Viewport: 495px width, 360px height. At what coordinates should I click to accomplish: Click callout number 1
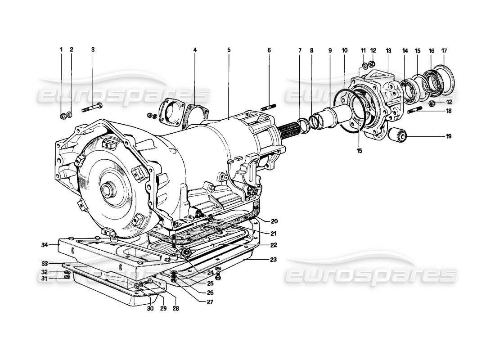pyautogui.click(x=62, y=50)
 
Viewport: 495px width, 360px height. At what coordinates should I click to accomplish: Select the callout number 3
pyautogui.click(x=93, y=50)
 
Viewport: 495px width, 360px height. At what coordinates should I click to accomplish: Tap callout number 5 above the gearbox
pyautogui.click(x=229, y=50)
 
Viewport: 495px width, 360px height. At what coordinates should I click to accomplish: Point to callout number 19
pyautogui.click(x=449, y=135)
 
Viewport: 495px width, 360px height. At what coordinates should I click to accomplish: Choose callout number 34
pyautogui.click(x=44, y=245)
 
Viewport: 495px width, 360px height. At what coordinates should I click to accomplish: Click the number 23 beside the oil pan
pyautogui.click(x=274, y=260)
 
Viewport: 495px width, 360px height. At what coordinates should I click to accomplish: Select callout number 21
pyautogui.click(x=274, y=233)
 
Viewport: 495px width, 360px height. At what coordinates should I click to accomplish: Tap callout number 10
pyautogui.click(x=344, y=50)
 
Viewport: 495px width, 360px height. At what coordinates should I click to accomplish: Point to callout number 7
pyautogui.click(x=300, y=50)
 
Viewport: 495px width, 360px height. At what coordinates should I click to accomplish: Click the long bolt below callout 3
pyautogui.click(x=93, y=108)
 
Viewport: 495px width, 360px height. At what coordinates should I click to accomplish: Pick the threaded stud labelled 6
pyautogui.click(x=268, y=107)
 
